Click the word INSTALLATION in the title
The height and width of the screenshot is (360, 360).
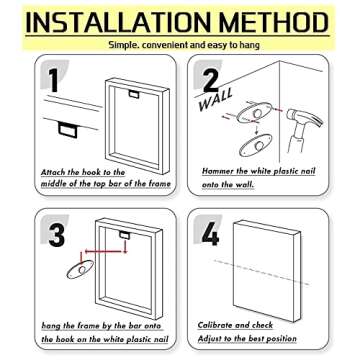click(x=118, y=22)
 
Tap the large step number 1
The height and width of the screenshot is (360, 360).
click(x=53, y=80)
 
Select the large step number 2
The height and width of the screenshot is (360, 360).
click(x=211, y=80)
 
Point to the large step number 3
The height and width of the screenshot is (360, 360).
click(x=57, y=235)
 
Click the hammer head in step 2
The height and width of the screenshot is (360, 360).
click(x=304, y=118)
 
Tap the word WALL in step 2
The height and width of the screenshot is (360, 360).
click(x=215, y=100)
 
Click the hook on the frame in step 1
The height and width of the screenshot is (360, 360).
click(x=134, y=94)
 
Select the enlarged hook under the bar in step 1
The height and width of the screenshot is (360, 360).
click(x=68, y=130)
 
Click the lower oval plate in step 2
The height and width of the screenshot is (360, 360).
click(x=256, y=145)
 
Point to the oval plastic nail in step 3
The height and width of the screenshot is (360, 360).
click(x=80, y=269)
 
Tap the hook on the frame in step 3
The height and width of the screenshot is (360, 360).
click(x=125, y=235)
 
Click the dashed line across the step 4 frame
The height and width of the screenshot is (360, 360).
click(x=262, y=272)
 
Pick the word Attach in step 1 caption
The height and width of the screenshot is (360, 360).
click(x=53, y=172)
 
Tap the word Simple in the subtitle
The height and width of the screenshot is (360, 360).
click(x=123, y=45)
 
